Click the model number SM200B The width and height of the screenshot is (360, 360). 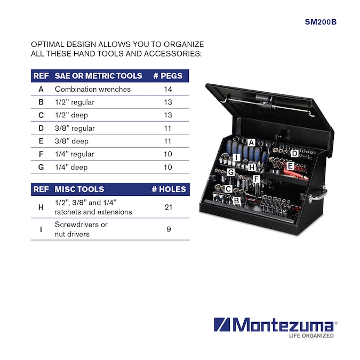321,22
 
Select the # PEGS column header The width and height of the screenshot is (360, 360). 168,76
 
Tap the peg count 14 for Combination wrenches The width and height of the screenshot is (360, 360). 168,89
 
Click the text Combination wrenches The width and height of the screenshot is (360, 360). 93,89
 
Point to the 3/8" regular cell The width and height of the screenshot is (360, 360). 75,128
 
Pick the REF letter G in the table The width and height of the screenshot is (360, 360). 41,167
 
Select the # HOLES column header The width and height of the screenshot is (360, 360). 169,189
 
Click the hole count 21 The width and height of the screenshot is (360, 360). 169,207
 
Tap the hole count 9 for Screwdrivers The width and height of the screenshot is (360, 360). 169,229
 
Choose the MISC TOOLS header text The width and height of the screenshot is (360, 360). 79,189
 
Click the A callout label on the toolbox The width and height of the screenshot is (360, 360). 251,142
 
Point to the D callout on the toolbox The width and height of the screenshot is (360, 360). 294,154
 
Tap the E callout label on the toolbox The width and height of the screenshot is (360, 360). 290,166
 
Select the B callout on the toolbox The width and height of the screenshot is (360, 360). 236,201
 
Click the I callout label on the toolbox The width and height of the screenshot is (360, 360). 236,157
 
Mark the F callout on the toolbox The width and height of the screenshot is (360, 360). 256,179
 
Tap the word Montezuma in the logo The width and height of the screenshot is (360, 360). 283,324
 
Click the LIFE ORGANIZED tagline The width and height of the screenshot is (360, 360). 311,335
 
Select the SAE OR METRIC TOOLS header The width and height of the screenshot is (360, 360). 99,76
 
